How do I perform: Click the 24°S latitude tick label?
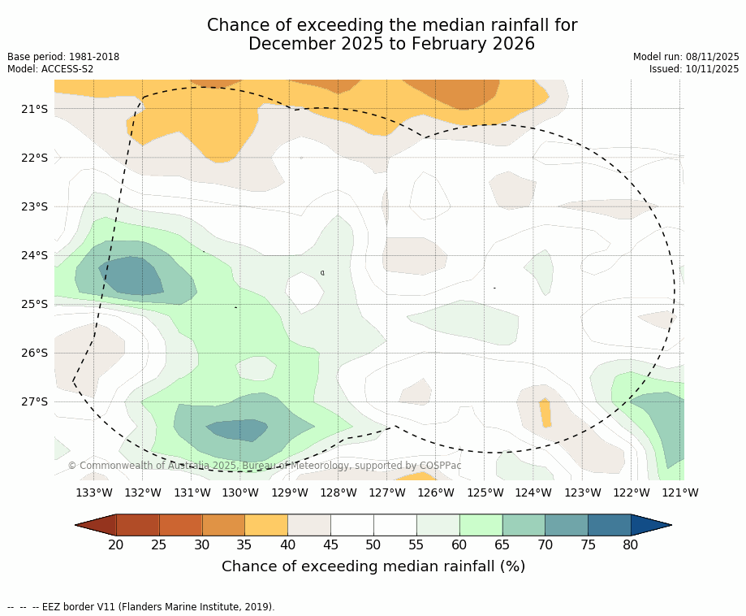tap(34, 255)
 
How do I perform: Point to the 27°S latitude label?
tap(34, 401)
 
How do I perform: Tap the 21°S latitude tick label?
tap(34, 109)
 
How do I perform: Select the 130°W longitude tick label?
tap(240, 492)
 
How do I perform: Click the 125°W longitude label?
tap(485, 492)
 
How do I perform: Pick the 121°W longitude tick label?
tap(680, 492)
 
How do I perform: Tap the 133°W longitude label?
tap(94, 492)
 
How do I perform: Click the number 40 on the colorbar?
tap(287, 544)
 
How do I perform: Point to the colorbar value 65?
tap(502, 544)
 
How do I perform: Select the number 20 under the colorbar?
tap(116, 544)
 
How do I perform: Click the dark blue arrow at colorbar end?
tap(650, 525)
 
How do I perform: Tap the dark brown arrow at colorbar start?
tap(96, 525)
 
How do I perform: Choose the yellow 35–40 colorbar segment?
tap(266, 525)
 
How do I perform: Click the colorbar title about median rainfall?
tap(373, 566)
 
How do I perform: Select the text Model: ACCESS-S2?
tap(50, 69)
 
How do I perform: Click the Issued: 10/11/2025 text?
tap(694, 69)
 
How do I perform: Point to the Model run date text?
tap(686, 57)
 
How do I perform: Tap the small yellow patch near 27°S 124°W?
tap(545, 413)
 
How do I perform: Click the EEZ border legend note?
tap(141, 607)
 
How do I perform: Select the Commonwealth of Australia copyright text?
tap(265, 466)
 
